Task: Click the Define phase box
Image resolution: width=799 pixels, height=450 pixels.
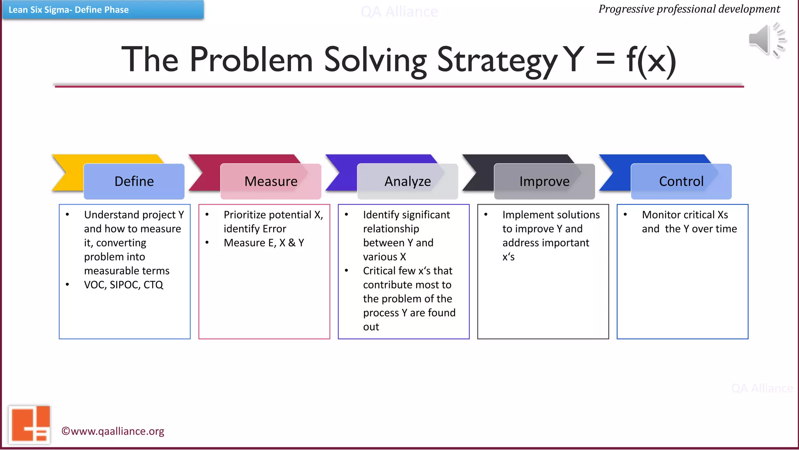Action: [134, 182]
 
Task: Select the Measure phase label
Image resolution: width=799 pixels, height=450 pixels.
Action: [271, 182]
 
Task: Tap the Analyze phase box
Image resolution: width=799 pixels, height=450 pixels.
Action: [408, 182]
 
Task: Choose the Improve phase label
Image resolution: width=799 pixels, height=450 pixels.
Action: [544, 182]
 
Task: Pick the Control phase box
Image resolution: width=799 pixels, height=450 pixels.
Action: [681, 182]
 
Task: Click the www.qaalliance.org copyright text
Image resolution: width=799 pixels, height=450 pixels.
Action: [113, 431]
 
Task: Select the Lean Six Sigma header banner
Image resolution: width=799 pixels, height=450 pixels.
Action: [103, 10]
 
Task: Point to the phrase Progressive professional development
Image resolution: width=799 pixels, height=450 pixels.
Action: [689, 9]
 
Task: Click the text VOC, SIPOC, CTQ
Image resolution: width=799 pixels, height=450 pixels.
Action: [123, 285]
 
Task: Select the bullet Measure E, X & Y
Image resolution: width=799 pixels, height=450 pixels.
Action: [264, 243]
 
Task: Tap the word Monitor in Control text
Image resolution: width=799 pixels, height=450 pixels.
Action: [662, 215]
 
